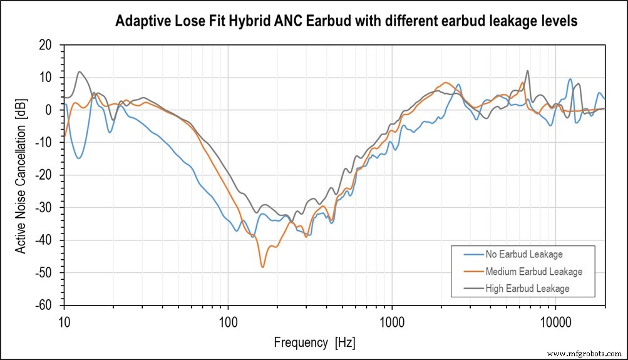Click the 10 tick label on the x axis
(x=64, y=319)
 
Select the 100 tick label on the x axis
(x=228, y=319)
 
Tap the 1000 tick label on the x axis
(x=392, y=319)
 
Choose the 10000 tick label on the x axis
(x=555, y=319)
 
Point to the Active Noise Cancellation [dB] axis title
(x=21, y=175)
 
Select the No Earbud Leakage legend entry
(x=523, y=255)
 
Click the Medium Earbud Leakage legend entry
(x=533, y=272)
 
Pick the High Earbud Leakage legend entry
(x=527, y=289)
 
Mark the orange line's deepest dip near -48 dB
(x=262, y=267)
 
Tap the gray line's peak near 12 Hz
(x=80, y=71)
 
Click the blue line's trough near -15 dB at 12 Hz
(x=78, y=158)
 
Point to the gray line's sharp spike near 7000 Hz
(x=527, y=71)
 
